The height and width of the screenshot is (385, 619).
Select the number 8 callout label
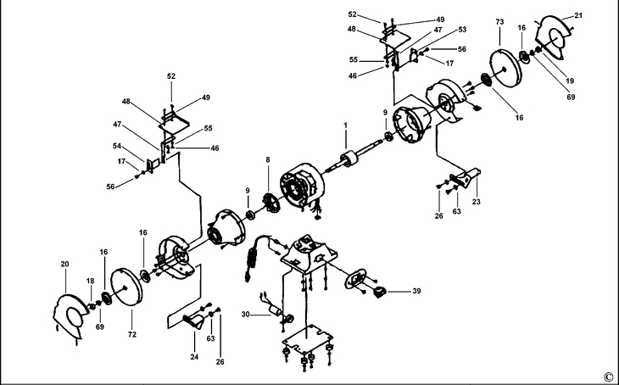[268, 159]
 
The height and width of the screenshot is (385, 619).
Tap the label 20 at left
[64, 265]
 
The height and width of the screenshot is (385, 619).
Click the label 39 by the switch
[416, 291]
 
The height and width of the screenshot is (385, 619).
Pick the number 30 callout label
[245, 315]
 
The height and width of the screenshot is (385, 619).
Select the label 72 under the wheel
[131, 323]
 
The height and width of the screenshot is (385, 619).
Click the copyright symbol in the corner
[608, 376]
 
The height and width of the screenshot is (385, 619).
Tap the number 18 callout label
[91, 280]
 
